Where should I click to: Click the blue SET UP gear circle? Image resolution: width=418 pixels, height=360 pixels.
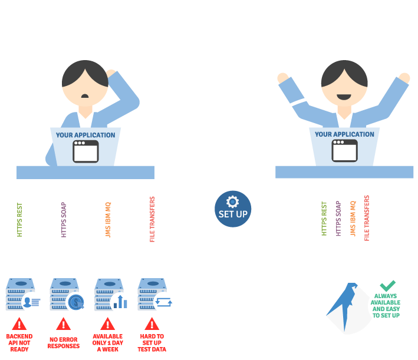[233, 208]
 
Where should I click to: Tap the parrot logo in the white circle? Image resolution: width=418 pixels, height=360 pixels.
[345, 305]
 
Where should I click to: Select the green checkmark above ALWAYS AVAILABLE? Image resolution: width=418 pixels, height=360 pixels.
[387, 285]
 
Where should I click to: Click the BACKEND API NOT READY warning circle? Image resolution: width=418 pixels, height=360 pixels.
[19, 339]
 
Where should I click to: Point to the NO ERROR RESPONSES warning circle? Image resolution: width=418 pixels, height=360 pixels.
[63, 339]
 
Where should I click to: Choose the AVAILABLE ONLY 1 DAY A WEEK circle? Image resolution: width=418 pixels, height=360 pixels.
[107, 339]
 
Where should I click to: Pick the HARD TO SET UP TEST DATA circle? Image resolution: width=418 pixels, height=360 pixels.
[152, 339]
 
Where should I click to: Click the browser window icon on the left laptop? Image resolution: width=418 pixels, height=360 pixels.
[85, 151]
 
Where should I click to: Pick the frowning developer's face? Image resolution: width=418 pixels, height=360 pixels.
[84, 88]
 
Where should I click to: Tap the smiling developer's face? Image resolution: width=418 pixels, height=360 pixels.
[344, 87]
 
